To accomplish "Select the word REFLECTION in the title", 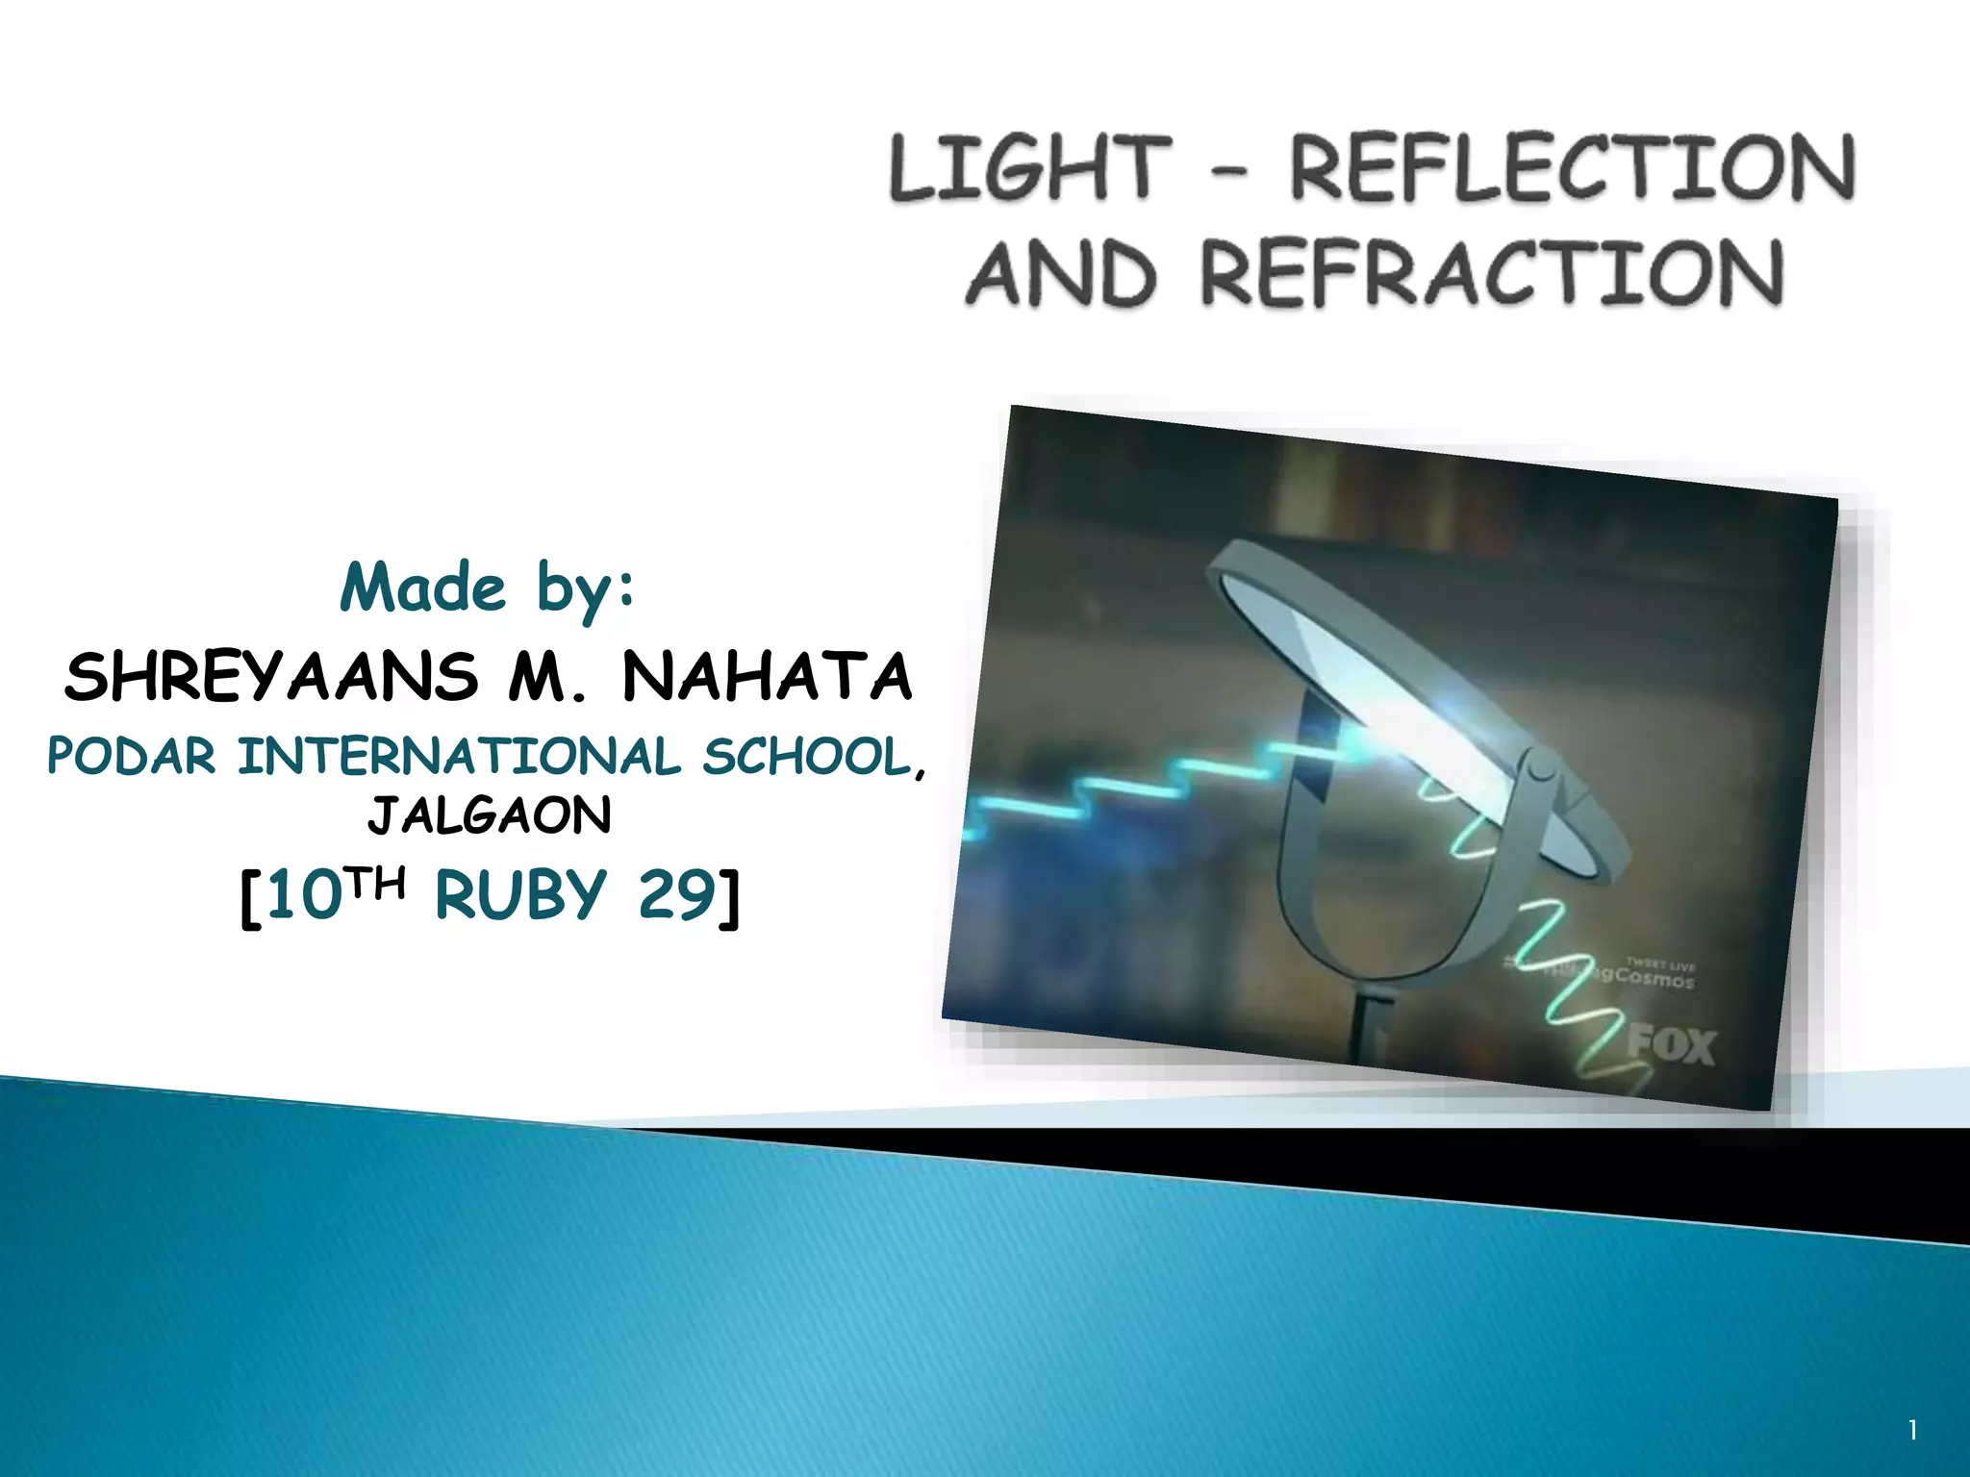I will [1572, 169].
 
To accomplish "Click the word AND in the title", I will [1058, 274].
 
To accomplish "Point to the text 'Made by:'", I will [488, 588].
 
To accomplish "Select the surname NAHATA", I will [767, 676].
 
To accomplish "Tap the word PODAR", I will [131, 757].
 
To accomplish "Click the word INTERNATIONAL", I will [459, 757].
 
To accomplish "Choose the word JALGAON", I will [489, 816].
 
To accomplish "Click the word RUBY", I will [520, 895].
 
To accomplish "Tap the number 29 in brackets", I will [677, 895].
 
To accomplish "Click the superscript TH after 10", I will [374, 883].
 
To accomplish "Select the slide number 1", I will [1912, 1432].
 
